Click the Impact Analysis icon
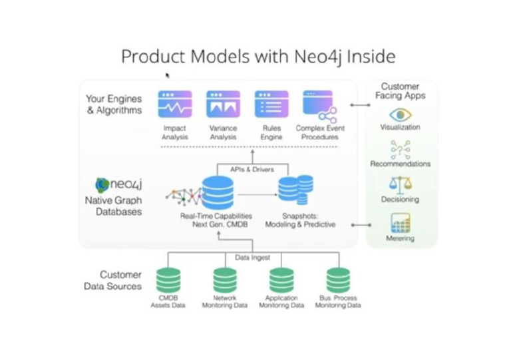175,105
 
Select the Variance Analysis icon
223,105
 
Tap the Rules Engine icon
271,105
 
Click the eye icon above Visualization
400,114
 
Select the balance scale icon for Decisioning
400,184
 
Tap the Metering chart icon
400,222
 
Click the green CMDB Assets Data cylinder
168,280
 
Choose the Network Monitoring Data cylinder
225,280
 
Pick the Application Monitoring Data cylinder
281,280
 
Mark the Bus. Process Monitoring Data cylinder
338,280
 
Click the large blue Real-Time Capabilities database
218,192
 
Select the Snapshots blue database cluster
295,190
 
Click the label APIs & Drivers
252,169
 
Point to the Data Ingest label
252,256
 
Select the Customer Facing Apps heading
400,91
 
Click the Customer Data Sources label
113,280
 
